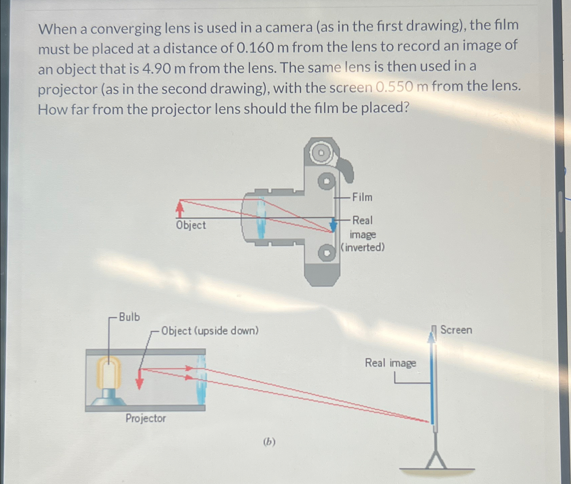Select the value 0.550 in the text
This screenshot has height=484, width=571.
pyautogui.click(x=394, y=87)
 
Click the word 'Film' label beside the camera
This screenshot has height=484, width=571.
pyautogui.click(x=362, y=197)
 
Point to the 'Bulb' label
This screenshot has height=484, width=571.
pyautogui.click(x=129, y=317)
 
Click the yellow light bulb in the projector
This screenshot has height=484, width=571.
pyautogui.click(x=109, y=373)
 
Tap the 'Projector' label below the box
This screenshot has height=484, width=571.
pyautogui.click(x=146, y=418)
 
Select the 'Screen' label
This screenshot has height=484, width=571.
pyautogui.click(x=456, y=330)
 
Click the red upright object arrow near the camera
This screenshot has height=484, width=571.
pyautogui.click(x=180, y=209)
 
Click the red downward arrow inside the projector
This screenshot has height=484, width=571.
pyautogui.click(x=139, y=380)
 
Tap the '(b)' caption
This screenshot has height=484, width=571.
pyautogui.click(x=269, y=442)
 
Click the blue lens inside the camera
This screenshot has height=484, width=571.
pyautogui.click(x=261, y=218)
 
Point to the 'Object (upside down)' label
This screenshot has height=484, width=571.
pyautogui.click(x=210, y=331)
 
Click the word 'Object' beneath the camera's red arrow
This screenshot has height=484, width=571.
pyautogui.click(x=191, y=225)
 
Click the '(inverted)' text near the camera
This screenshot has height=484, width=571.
pyautogui.click(x=363, y=247)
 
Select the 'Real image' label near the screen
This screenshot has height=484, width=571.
pyautogui.click(x=390, y=363)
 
